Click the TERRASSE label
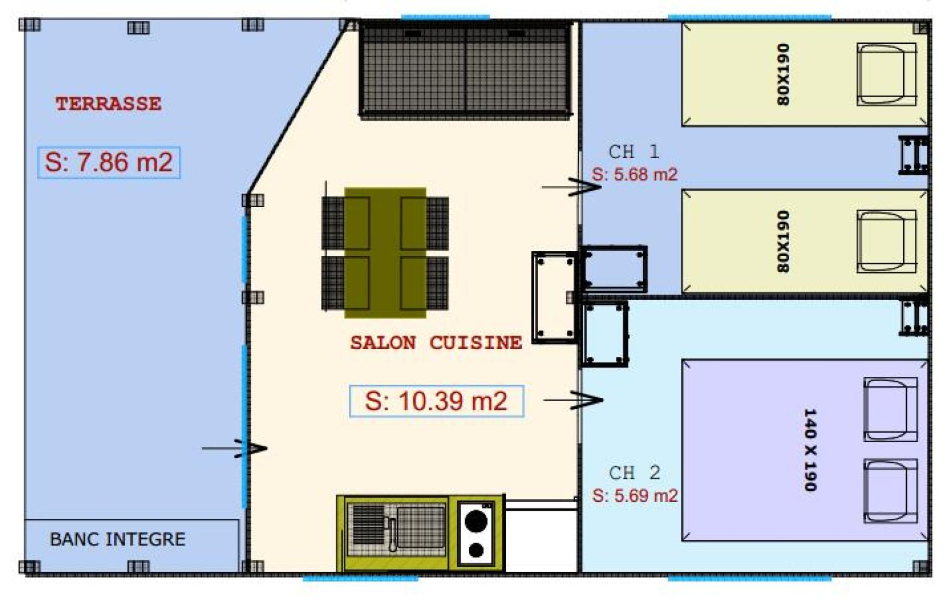pos(108,104)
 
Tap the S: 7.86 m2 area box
pos(109,162)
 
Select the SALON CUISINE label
pos(436,343)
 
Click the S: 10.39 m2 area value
pos(436,401)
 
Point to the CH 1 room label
pos(634,151)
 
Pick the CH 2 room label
pos(634,473)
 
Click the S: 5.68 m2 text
pos(634,174)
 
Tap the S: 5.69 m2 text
pos(635,495)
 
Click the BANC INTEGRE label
pos(118,539)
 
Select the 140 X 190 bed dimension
pos(810,450)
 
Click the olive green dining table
pos(385,253)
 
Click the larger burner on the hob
pos(476,521)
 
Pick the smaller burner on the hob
pos(476,550)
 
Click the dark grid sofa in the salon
pos(465,70)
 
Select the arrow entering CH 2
pos(574,400)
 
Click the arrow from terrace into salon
pos(234,449)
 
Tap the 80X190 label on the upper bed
pos(782,75)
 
